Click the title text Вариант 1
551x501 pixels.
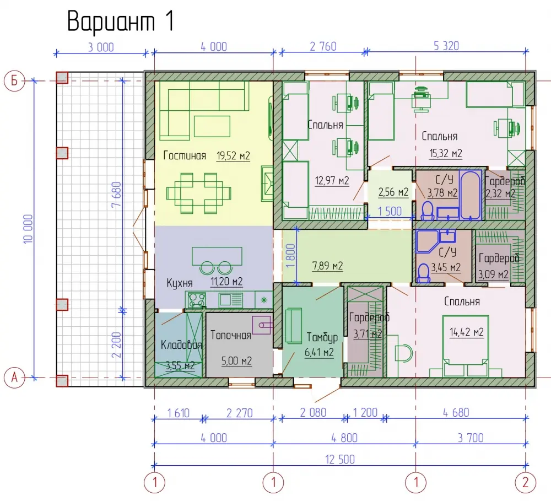(x=121, y=21)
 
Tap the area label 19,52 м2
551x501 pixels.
(x=233, y=155)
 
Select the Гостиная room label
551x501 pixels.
(x=185, y=155)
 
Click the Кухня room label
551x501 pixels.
(x=180, y=283)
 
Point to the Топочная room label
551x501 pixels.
(x=230, y=335)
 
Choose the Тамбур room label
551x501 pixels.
(x=322, y=337)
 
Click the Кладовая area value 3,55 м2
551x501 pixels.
(x=180, y=365)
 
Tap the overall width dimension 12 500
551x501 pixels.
(x=340, y=459)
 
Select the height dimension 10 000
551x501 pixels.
(x=28, y=229)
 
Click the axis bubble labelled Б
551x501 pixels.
(x=14, y=80)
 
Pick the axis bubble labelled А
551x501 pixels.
(x=14, y=378)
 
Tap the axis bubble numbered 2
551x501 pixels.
(x=525, y=482)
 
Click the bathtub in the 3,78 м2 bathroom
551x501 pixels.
(x=470, y=195)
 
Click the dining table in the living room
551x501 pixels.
(x=199, y=193)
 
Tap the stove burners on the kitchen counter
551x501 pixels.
(x=197, y=300)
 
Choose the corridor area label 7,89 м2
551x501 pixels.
(x=327, y=266)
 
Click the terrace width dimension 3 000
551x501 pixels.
(x=101, y=47)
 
